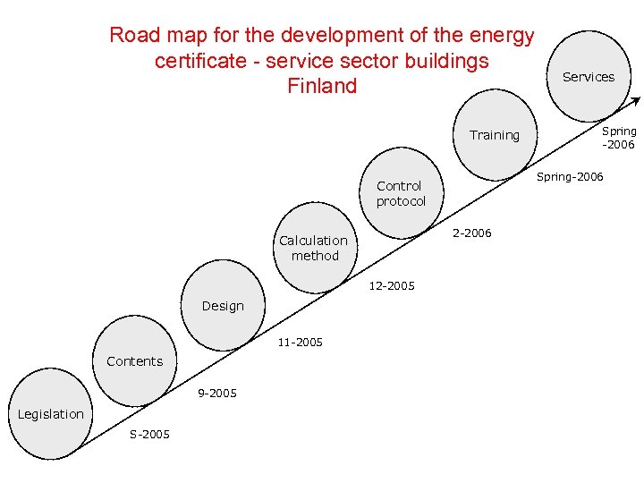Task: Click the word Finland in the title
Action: pyautogui.click(x=322, y=86)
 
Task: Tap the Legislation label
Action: pyautogui.click(x=50, y=414)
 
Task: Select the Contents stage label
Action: pyautogui.click(x=134, y=361)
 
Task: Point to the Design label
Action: pyautogui.click(x=223, y=306)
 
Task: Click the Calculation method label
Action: pyautogui.click(x=313, y=248)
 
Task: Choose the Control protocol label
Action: pyautogui.click(x=400, y=193)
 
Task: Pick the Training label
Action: pyautogui.click(x=495, y=135)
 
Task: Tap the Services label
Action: pyautogui.click(x=589, y=77)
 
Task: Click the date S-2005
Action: pyautogui.click(x=149, y=435)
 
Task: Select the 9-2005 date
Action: pyautogui.click(x=217, y=393)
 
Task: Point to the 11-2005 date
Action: pyautogui.click(x=300, y=342)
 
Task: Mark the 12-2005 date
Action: pyautogui.click(x=392, y=286)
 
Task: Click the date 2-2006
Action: pyautogui.click(x=472, y=233)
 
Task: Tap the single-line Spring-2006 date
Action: pyautogui.click(x=570, y=177)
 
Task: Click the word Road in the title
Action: pyautogui.click(x=133, y=36)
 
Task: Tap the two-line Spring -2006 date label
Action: pyautogui.click(x=618, y=138)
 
